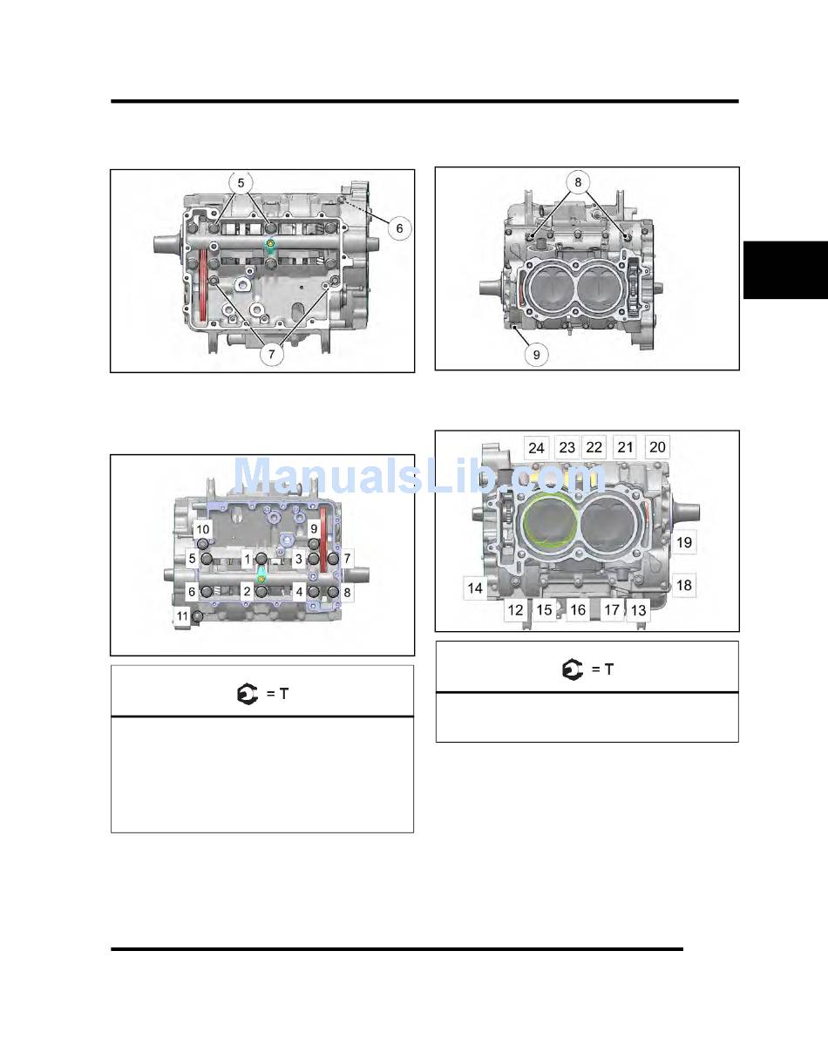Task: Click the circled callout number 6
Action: (399, 228)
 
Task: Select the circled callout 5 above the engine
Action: (241, 183)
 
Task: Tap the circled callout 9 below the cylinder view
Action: (536, 355)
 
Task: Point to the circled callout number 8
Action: (578, 182)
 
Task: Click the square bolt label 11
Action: (182, 616)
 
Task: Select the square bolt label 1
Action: (247, 559)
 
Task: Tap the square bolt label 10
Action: (202, 530)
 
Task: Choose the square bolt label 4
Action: (300, 592)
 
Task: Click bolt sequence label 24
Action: (536, 448)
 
